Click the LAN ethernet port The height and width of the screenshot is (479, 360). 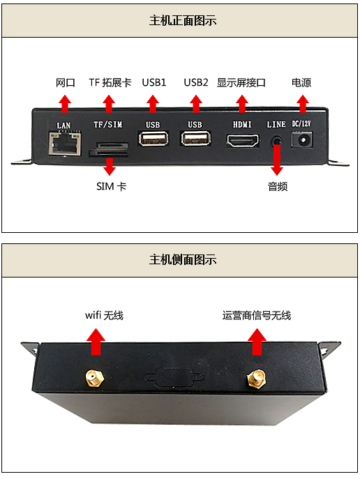[x=65, y=143]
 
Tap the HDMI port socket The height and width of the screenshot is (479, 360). [x=243, y=141]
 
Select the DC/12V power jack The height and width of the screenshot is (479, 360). [x=302, y=140]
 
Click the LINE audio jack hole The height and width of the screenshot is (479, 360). [x=277, y=142]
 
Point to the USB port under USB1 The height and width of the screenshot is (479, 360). [x=153, y=139]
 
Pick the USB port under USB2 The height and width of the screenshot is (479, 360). [x=196, y=139]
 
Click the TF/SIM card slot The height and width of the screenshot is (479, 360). [x=109, y=149]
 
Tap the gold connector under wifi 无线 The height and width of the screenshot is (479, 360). [x=94, y=379]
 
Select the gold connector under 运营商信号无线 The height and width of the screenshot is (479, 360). [x=257, y=379]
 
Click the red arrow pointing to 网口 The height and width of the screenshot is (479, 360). [x=65, y=104]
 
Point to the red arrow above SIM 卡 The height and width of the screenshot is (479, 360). [x=109, y=167]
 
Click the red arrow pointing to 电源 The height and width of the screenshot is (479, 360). [x=303, y=104]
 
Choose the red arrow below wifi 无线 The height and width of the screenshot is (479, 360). [x=96, y=342]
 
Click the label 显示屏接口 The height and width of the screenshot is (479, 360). [x=241, y=82]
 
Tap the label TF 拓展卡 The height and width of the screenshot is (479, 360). [x=110, y=82]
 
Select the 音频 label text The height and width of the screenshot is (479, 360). [x=278, y=186]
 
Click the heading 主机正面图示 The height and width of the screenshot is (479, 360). [x=183, y=21]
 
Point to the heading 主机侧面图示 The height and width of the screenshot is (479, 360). [x=183, y=260]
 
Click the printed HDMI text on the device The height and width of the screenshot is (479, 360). [x=242, y=124]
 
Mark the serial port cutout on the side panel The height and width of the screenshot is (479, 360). [x=174, y=377]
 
